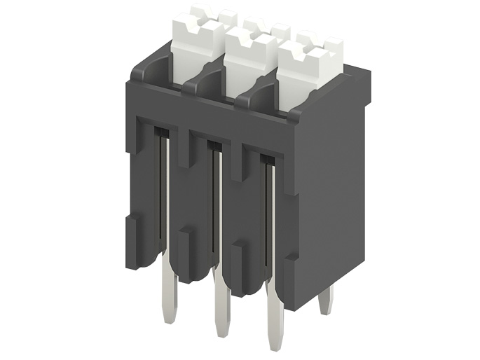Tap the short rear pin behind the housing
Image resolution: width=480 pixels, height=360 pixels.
[325, 301]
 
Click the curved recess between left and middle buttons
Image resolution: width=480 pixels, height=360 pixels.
[208, 84]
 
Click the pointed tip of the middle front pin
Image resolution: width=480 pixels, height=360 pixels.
[222, 339]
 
